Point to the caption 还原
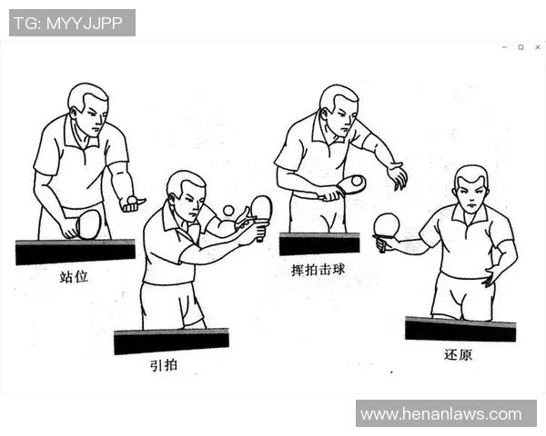pos(458,354)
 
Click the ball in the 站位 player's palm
pos(133,199)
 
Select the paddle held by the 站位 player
pos(87,223)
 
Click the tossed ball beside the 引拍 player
pos(227,211)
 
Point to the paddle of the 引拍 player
pos(261,209)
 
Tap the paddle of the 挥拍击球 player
pos(350,184)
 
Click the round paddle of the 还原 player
pos(387,225)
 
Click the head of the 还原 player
pos(470,188)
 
